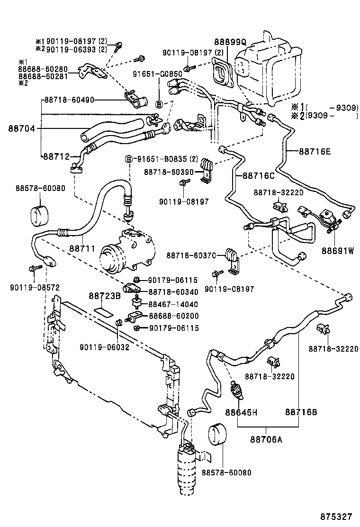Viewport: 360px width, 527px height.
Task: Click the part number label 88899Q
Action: point(227,42)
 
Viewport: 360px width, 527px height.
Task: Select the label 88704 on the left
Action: point(22,128)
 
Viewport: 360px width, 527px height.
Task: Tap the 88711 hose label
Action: point(82,248)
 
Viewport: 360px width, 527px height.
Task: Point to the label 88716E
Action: point(315,152)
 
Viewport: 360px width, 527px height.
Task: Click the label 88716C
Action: point(259,175)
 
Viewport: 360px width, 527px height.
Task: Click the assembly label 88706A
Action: point(266,439)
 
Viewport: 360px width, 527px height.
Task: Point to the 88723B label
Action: point(105,296)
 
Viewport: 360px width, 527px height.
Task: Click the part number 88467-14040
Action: point(173,304)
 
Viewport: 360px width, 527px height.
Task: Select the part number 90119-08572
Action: point(35,288)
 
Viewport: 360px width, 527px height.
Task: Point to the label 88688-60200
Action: point(173,316)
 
